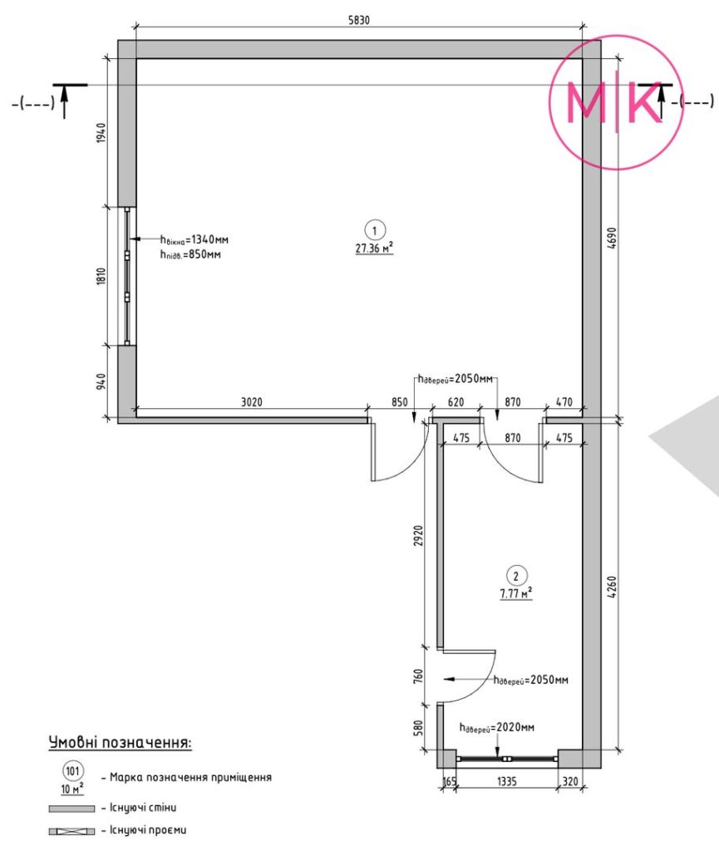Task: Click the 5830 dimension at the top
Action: coord(359,21)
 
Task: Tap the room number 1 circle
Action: coord(374,231)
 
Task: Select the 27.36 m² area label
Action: coord(374,248)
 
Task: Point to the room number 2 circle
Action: coord(516,576)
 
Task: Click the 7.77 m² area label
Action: coord(516,593)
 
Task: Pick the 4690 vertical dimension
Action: coord(613,238)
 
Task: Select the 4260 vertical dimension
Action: coord(613,588)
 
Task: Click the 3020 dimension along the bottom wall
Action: coord(252,402)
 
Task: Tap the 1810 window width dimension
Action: coord(101,276)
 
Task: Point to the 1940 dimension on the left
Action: coord(101,133)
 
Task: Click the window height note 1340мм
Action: coord(195,239)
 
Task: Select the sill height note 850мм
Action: coord(190,254)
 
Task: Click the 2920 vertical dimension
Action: coord(418,535)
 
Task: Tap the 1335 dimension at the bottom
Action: coord(507,781)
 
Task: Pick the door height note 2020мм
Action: coord(497,727)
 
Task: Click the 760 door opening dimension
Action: coord(418,676)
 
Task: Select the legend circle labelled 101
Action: coord(72,770)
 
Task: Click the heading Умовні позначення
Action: coord(121,742)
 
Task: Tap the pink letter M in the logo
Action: coord(585,102)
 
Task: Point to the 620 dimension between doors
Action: coord(456,402)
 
